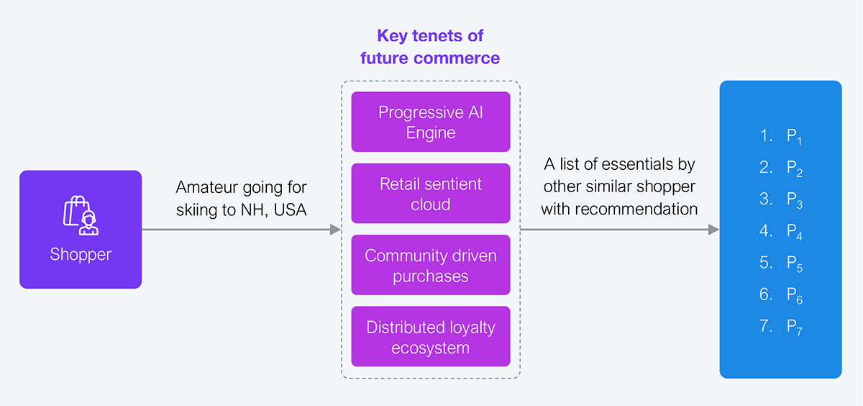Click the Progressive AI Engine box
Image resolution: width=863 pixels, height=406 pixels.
coord(430,122)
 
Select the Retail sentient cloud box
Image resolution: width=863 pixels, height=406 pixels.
coord(430,194)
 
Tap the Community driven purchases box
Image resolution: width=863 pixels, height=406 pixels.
coord(430,265)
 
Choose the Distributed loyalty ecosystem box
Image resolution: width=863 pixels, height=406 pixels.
coord(430,337)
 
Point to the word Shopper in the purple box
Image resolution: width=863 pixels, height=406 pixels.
coord(81,255)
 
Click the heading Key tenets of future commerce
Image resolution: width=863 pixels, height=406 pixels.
coord(430,47)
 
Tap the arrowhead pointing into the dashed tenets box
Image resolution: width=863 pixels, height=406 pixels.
coord(335,230)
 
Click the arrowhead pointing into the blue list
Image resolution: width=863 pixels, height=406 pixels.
coord(713,230)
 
